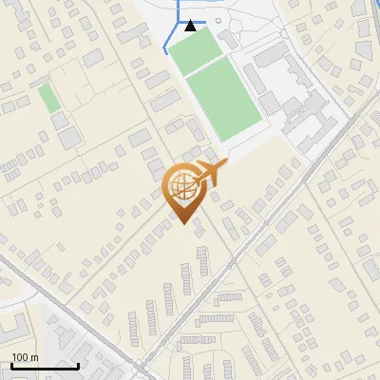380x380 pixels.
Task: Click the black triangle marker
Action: [x=191, y=26]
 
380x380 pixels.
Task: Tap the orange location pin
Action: [x=183, y=191]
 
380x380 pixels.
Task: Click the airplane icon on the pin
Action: [x=210, y=173]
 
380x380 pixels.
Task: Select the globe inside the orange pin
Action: [x=181, y=185]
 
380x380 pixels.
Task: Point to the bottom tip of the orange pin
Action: [x=183, y=225]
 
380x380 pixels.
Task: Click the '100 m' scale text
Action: [x=25, y=357]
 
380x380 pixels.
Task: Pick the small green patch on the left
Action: [x=47, y=96]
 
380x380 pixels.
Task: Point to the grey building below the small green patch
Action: [x=69, y=139]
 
